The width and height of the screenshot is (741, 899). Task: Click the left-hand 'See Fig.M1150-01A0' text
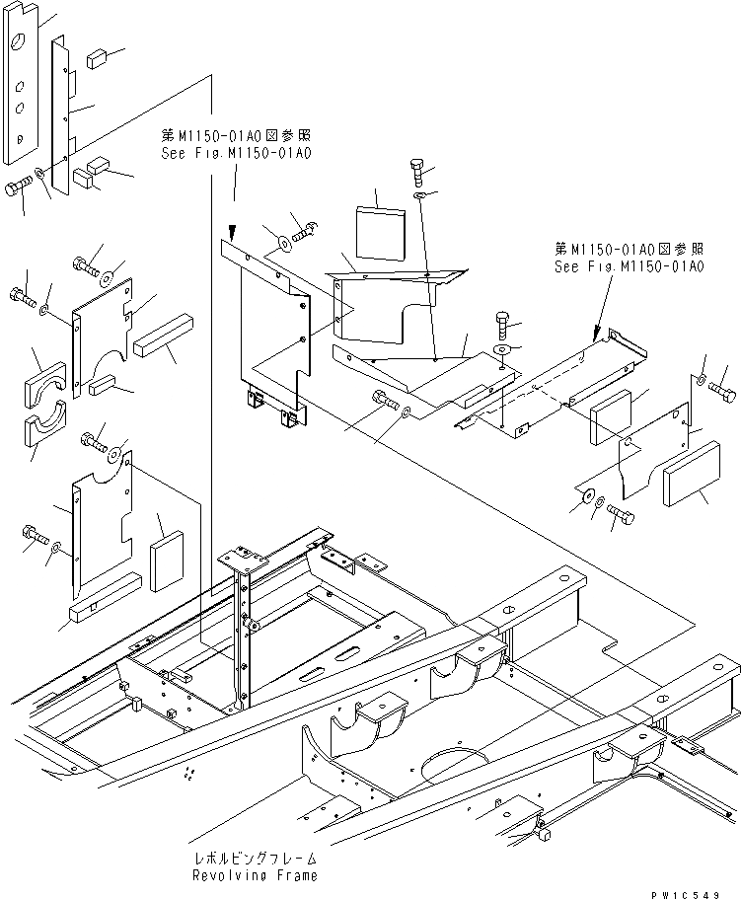pos(236,154)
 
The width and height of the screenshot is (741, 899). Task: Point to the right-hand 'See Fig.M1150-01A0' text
pos(629,266)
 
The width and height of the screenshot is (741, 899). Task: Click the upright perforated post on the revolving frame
pos(242,632)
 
